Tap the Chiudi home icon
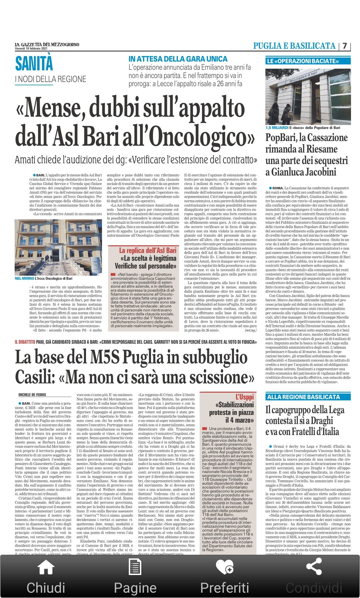click(x=46, y=567)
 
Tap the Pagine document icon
click(x=135, y=567)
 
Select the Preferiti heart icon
click(x=224, y=567)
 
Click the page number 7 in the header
click(x=345, y=46)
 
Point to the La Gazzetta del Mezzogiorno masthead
click(x=47, y=44)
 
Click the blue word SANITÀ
click(x=34, y=64)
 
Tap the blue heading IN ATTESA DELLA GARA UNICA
click(x=178, y=59)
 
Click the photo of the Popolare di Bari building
click(x=308, y=97)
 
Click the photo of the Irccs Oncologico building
click(x=58, y=247)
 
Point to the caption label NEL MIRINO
click(x=24, y=278)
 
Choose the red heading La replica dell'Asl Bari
click(x=148, y=250)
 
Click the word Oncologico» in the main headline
click(x=203, y=137)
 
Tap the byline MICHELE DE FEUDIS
click(x=32, y=395)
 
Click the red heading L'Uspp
click(x=245, y=397)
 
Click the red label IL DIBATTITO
click(x=25, y=342)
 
